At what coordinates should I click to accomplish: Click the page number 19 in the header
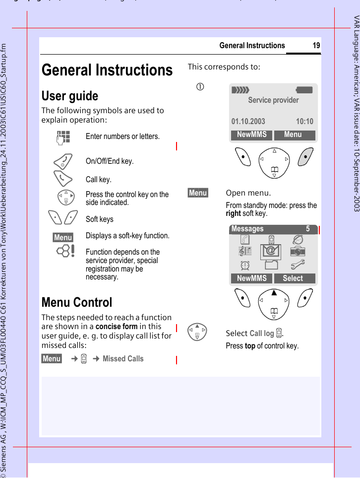click(x=316, y=46)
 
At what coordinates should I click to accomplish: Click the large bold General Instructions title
click(x=107, y=70)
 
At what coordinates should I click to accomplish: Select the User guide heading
click(x=70, y=96)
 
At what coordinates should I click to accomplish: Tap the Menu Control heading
click(x=77, y=302)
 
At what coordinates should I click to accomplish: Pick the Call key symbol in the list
click(x=63, y=179)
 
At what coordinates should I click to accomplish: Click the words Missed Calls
click(x=123, y=358)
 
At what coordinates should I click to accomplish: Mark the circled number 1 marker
click(x=199, y=88)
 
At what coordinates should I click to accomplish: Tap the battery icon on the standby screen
click(x=304, y=90)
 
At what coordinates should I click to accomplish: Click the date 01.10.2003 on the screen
click(x=248, y=121)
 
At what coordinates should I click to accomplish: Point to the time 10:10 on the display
click(x=304, y=121)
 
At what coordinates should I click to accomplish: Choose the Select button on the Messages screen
click(x=293, y=278)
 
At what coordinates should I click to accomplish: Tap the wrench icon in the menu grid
click(x=298, y=265)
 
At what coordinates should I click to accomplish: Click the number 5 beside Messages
click(x=307, y=229)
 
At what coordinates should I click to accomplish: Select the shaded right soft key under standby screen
click(x=305, y=157)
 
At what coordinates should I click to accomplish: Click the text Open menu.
click(x=248, y=193)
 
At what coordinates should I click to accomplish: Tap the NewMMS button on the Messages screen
click(x=251, y=278)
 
